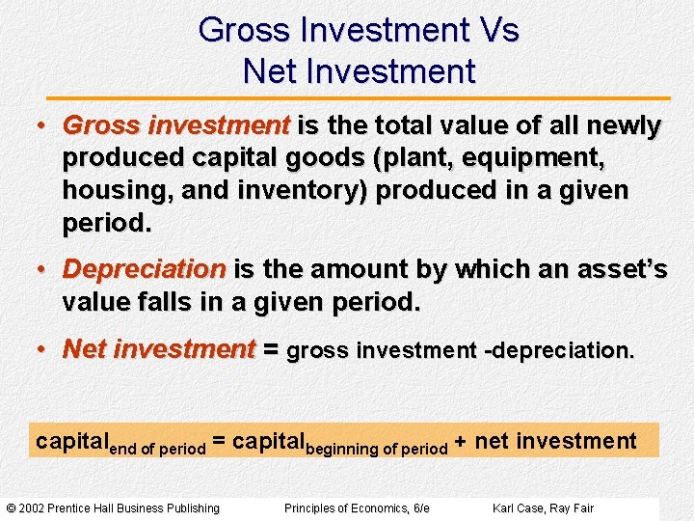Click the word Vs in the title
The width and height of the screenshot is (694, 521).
pyautogui.click(x=498, y=31)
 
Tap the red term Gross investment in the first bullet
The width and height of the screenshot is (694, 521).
pyautogui.click(x=176, y=126)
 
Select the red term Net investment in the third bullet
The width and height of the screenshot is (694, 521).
pyautogui.click(x=159, y=349)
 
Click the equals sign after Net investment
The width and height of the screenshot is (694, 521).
pyautogui.click(x=271, y=349)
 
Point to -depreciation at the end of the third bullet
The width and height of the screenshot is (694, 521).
pyautogui.click(x=560, y=350)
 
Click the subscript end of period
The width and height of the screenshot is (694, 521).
pyautogui.click(x=157, y=450)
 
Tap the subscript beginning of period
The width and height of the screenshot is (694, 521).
pyautogui.click(x=376, y=450)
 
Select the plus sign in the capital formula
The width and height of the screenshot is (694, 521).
pyautogui.click(x=461, y=443)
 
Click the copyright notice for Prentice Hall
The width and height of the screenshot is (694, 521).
pyautogui.click(x=113, y=508)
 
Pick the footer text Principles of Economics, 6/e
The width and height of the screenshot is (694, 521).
pyautogui.click(x=357, y=508)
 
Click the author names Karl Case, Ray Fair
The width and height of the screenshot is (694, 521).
pyautogui.click(x=543, y=508)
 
